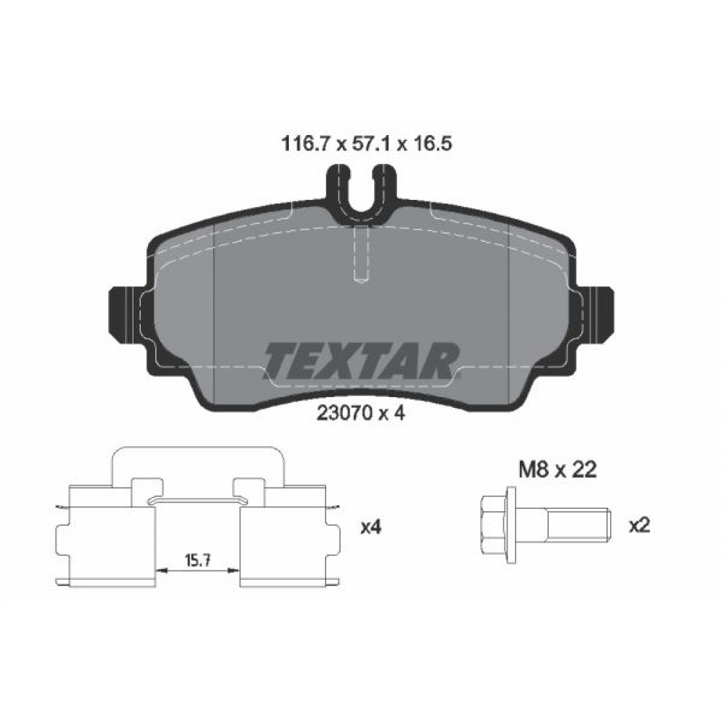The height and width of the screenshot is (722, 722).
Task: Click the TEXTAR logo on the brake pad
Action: [x=361, y=359]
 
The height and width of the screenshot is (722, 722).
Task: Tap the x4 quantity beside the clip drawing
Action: [x=370, y=527]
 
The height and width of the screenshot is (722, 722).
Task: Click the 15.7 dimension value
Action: [x=198, y=560]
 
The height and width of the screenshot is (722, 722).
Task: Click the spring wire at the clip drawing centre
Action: [x=197, y=499]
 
